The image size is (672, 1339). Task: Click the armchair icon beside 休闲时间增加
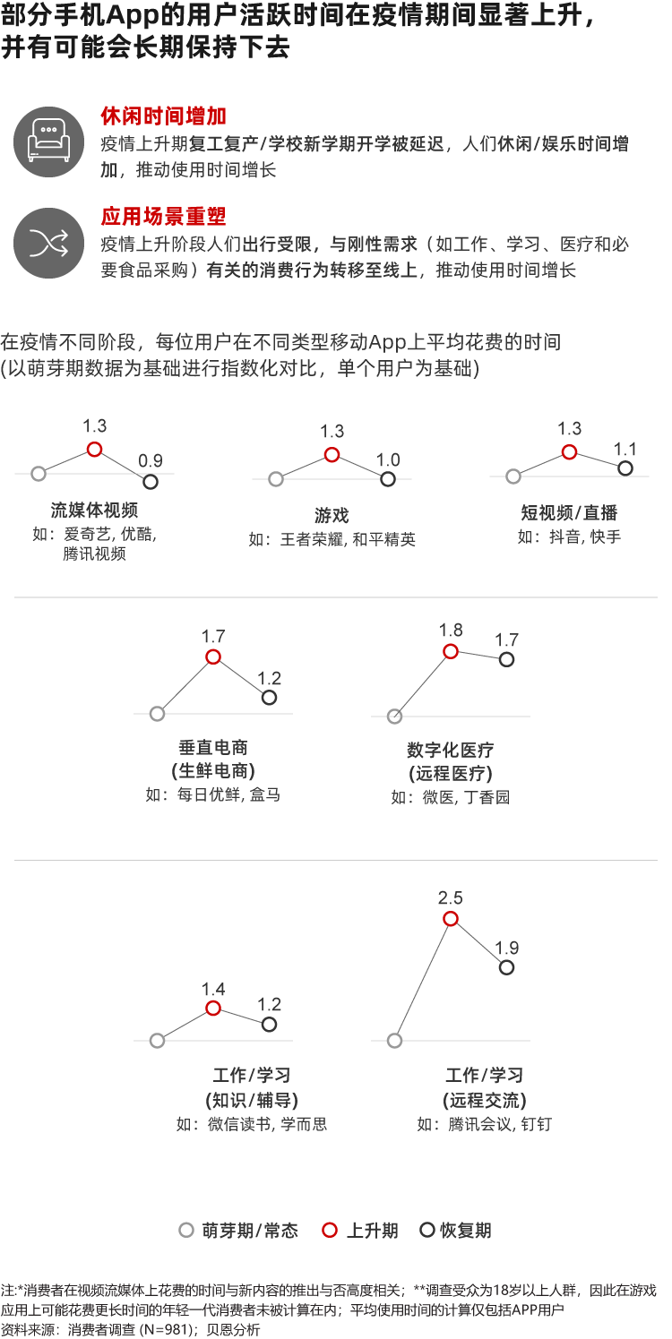tap(49, 142)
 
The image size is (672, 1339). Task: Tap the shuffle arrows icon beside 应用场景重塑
tap(49, 243)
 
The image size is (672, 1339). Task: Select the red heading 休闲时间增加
tap(163, 116)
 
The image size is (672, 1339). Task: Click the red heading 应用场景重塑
tap(163, 217)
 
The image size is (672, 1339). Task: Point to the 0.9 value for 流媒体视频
tap(150, 461)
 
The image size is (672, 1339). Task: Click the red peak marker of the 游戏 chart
tap(332, 455)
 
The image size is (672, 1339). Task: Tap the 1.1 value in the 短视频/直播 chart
tap(625, 449)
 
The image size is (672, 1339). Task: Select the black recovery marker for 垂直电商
tap(269, 697)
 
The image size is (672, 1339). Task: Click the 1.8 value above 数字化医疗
tap(450, 630)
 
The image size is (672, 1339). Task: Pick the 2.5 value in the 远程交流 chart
tap(450, 897)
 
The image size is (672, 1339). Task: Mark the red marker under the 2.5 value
tap(451, 919)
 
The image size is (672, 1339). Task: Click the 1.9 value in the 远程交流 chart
tap(506, 948)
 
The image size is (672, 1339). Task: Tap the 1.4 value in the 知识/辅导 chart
tap(213, 989)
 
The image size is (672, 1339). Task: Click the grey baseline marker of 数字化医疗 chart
tap(394, 717)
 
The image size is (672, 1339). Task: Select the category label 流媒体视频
tap(94, 510)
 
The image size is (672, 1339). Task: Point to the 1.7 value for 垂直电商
tap(213, 637)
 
